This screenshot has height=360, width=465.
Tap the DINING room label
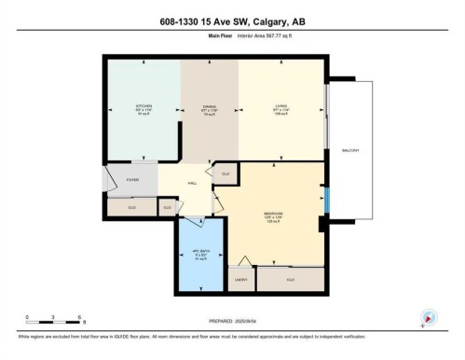(x=208, y=106)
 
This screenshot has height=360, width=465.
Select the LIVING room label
(x=280, y=106)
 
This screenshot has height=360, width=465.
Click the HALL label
(x=192, y=183)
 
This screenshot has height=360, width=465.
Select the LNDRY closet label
(x=240, y=279)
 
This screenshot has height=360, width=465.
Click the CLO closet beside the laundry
(x=290, y=279)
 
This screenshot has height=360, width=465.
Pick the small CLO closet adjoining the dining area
(x=225, y=173)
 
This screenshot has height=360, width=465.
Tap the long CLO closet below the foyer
(x=131, y=206)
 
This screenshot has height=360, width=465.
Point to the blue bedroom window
(x=326, y=200)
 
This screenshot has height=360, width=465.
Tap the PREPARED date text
(x=232, y=322)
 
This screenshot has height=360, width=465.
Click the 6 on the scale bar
(x=80, y=317)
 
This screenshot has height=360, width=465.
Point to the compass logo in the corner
(x=430, y=317)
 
